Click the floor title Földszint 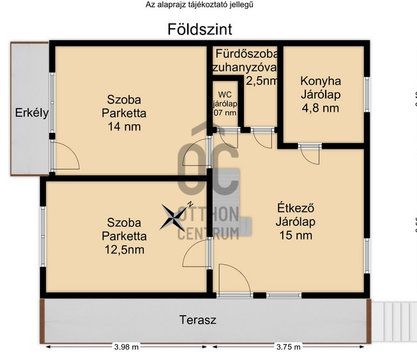[199, 29]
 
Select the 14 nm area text [124, 126]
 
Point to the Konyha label [321, 81]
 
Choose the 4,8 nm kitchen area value [321, 108]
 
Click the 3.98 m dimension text [126, 348]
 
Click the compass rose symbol [174, 216]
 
